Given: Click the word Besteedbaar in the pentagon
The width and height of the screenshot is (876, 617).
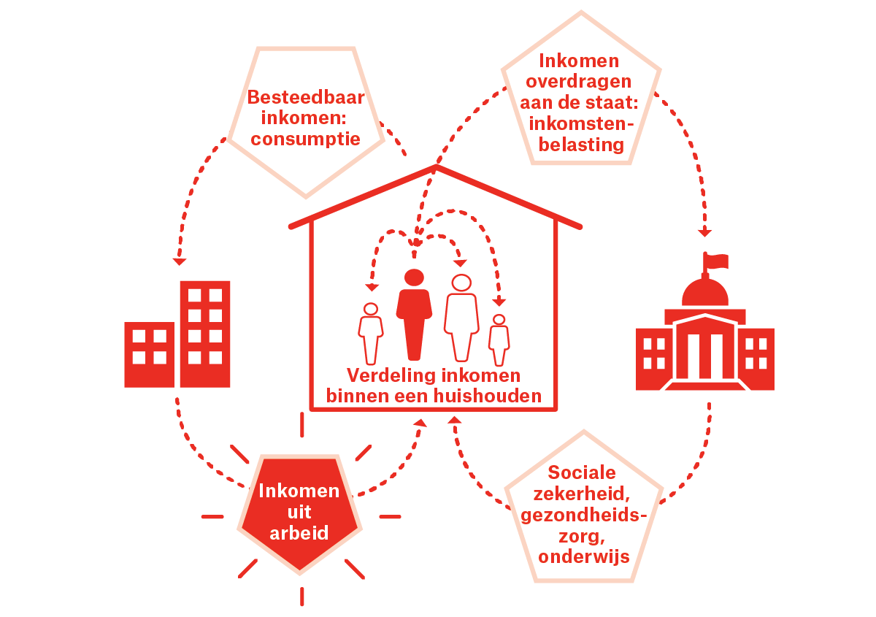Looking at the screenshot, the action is click(306, 98).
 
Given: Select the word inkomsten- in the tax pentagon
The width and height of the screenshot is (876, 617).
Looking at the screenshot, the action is click(581, 123).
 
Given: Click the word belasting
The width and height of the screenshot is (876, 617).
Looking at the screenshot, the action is click(581, 145).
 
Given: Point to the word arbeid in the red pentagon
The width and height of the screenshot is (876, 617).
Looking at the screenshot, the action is click(299, 532).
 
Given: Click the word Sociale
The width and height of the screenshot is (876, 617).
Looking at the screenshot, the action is click(583, 472).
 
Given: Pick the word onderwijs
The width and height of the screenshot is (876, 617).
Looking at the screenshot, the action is click(584, 556).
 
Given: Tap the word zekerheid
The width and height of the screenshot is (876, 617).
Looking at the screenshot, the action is click(583, 494).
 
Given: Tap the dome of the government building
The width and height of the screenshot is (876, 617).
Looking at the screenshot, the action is click(705, 292).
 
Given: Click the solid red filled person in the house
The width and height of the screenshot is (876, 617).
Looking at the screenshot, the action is click(414, 314).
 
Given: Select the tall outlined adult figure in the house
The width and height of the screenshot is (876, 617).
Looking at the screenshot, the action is click(461, 318).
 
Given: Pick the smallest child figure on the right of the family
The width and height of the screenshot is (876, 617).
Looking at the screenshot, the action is click(499, 340).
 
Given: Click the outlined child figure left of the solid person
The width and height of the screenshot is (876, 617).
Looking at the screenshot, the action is click(371, 332).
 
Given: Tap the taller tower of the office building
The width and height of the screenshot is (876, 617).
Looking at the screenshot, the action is click(205, 333).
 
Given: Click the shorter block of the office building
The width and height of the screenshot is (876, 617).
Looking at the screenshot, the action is click(149, 355).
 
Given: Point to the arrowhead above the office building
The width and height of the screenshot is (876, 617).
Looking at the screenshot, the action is click(180, 261).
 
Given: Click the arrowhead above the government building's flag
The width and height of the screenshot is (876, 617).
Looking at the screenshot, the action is click(704, 233).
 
